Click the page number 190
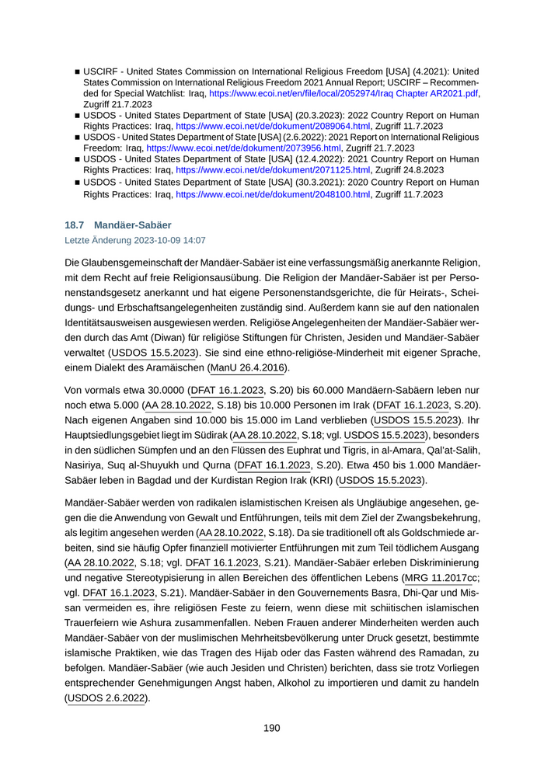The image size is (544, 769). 271,728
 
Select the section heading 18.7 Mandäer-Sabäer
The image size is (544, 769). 118,225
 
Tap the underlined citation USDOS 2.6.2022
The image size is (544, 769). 106,698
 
